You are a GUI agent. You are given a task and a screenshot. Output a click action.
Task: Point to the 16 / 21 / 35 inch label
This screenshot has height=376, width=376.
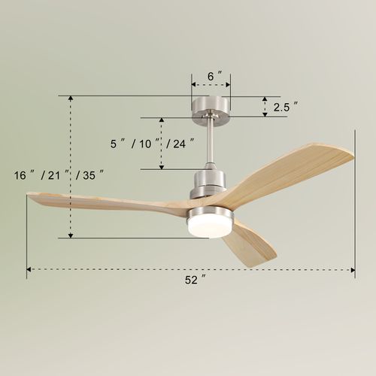(x=58, y=174)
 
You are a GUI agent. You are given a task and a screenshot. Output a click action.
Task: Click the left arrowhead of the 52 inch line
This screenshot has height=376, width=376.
(x=30, y=268)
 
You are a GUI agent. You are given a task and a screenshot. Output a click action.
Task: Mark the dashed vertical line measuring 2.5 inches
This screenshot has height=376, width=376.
(x=265, y=107)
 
